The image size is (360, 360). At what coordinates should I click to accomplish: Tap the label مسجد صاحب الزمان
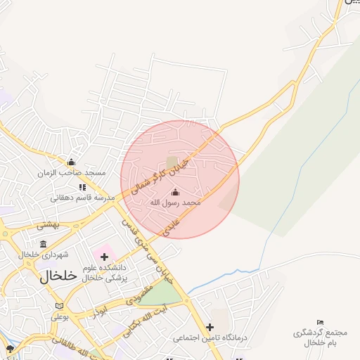pos(72,172)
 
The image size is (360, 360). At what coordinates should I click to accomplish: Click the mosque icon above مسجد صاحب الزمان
pos(71,162)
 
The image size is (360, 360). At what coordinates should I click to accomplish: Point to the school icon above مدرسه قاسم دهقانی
pos(82,187)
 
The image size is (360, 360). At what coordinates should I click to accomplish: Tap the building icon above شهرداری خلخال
pos(44,244)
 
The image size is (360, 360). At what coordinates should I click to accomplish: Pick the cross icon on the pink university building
pos(105,257)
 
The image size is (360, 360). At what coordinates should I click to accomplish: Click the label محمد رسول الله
pos(175,202)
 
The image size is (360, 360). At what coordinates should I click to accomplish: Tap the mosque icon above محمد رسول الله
pos(175,192)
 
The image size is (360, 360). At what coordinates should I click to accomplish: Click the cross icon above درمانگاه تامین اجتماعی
pos(210,327)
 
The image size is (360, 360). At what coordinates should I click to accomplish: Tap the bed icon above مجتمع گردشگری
pos(321,322)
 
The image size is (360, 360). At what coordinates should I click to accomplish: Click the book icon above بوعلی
pos(59,306)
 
